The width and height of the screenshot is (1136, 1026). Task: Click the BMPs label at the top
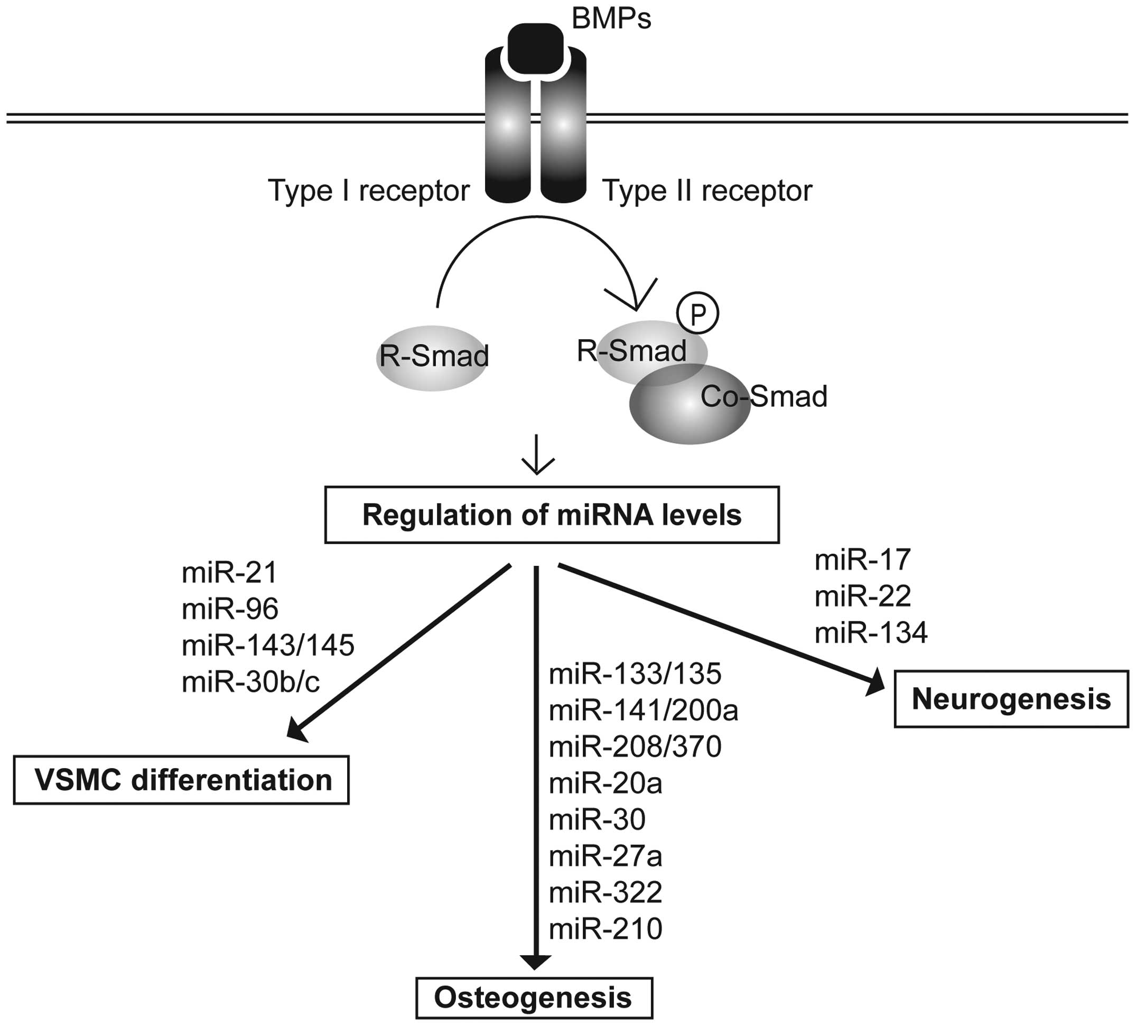[x=611, y=18]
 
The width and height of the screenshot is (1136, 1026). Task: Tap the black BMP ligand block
[x=535, y=49]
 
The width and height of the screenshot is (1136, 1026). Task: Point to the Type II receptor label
[x=707, y=190]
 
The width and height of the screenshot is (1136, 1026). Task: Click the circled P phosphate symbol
[x=697, y=313]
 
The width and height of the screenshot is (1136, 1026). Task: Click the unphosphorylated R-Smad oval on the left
[x=432, y=357]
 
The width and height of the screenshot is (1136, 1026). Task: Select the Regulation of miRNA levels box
[x=552, y=515]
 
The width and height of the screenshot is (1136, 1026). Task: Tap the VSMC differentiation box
[x=181, y=780]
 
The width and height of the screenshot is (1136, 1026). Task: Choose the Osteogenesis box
[x=534, y=998]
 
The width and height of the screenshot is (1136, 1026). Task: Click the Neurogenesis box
[x=1011, y=699]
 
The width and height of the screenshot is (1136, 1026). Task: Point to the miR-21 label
[x=229, y=573]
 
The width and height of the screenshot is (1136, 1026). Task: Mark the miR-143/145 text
[x=268, y=646]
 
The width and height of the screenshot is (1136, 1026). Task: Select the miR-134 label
[x=871, y=632]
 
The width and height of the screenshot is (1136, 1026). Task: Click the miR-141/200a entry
[x=644, y=711]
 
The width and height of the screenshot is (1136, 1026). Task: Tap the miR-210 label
[x=605, y=929]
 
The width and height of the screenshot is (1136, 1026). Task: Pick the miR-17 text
[x=863, y=559]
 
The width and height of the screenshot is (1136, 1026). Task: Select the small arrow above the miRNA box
[x=537, y=455]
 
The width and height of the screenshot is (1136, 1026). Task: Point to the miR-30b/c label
[x=251, y=682]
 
